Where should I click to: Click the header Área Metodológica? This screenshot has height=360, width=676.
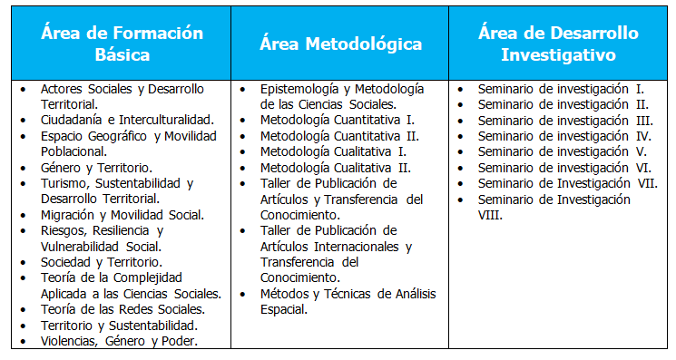pyautogui.click(x=340, y=44)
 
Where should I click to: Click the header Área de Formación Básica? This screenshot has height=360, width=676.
pyautogui.click(x=121, y=44)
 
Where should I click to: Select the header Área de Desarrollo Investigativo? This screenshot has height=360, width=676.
pyautogui.click(x=557, y=44)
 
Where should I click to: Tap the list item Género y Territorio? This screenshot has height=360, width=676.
pyautogui.click(x=96, y=168)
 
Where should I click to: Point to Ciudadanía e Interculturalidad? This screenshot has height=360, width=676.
pyautogui.click(x=128, y=120)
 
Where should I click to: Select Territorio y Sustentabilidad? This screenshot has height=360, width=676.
pyautogui.click(x=119, y=325)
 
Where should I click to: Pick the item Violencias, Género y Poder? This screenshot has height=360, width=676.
pyautogui.click(x=119, y=341)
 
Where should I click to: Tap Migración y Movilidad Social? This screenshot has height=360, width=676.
pyautogui.click(x=122, y=215)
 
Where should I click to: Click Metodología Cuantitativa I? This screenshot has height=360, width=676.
pyautogui.click(x=338, y=120)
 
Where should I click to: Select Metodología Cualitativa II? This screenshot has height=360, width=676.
pyautogui.click(x=336, y=168)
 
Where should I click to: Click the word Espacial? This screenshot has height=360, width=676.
pyautogui.click(x=284, y=309)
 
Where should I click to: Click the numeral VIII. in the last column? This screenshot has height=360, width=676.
pyautogui.click(x=490, y=215)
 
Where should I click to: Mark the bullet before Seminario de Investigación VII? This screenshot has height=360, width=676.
pyautogui.click(x=461, y=184)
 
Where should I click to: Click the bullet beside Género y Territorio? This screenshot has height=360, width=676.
pyautogui.click(x=20, y=168)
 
